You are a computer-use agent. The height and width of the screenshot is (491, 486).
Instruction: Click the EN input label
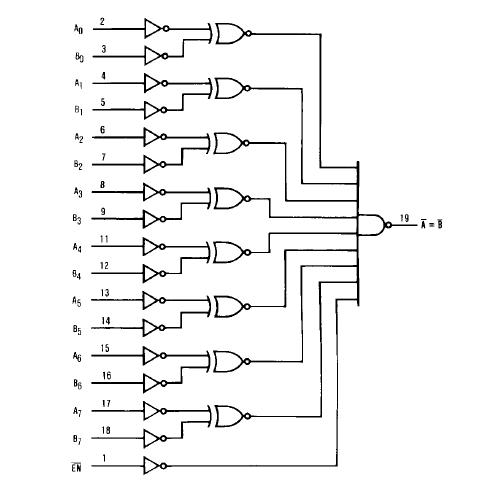click(x=77, y=466)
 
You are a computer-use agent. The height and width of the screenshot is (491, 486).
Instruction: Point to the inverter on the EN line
click(x=153, y=465)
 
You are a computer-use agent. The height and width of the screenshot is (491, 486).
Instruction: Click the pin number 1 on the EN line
click(x=104, y=457)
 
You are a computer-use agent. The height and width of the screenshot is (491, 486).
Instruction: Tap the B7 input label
click(x=77, y=438)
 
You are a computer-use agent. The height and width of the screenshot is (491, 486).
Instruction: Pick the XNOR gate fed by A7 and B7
click(x=228, y=415)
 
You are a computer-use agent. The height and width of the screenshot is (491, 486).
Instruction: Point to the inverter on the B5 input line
click(x=153, y=328)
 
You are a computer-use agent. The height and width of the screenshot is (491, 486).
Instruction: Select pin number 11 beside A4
click(x=104, y=237)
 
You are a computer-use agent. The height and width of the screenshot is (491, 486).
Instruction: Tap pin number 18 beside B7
click(x=104, y=429)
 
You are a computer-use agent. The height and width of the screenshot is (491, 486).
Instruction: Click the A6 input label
click(x=77, y=355)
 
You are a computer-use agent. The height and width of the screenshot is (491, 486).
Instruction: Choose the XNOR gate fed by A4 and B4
click(x=228, y=251)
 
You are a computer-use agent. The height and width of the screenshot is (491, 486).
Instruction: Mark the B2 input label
click(x=77, y=164)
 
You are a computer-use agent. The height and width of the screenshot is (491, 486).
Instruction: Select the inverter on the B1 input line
click(x=153, y=109)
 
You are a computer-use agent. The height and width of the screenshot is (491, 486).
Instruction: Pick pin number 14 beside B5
click(x=104, y=320)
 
